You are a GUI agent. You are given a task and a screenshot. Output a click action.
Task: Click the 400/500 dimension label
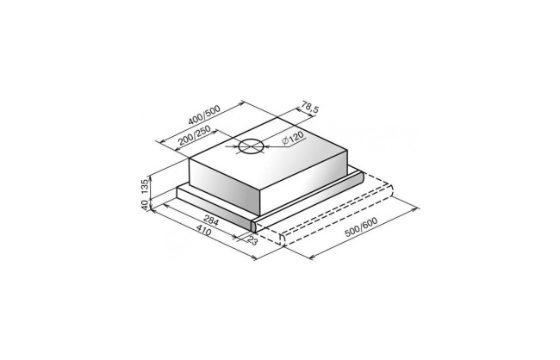tap(204, 115)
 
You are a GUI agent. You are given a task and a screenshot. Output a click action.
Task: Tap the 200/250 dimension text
tap(194, 136)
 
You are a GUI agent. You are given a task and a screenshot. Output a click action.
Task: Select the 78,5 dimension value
tap(310, 107)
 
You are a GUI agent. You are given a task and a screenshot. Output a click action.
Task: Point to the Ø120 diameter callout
tap(293, 139)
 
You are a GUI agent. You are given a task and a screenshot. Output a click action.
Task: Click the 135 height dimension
tap(144, 186)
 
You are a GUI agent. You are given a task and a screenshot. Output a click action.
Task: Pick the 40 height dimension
tap(144, 205)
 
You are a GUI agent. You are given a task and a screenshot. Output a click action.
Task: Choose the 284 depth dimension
tap(211, 220)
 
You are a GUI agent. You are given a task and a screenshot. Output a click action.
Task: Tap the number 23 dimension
tap(252, 240)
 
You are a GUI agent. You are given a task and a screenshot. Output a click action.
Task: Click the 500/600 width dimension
tap(361, 227)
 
